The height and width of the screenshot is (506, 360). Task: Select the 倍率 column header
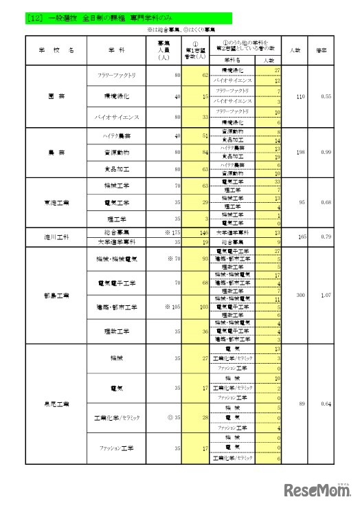pyautogui.click(x=319, y=50)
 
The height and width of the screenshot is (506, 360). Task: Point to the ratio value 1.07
pyautogui.click(x=326, y=295)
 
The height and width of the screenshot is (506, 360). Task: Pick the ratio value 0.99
pyautogui.click(x=326, y=151)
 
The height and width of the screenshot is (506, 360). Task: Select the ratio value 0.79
pyautogui.click(x=326, y=238)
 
